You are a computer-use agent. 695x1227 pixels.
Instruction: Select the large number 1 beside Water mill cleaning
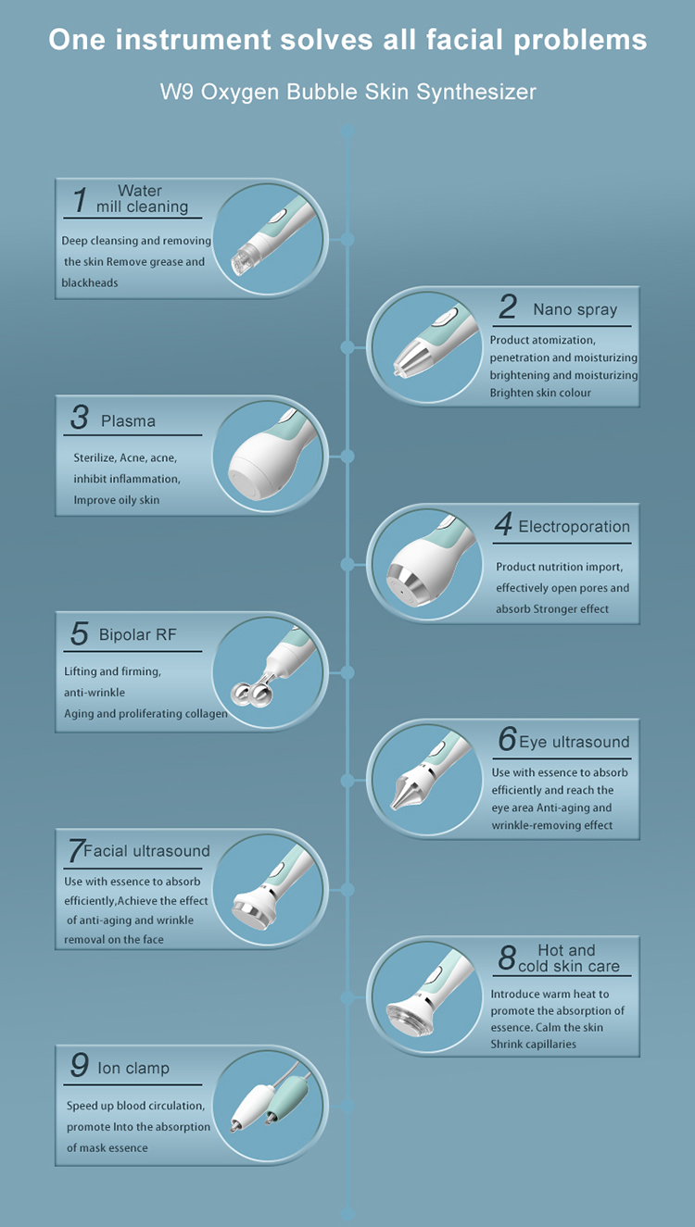coord(81,199)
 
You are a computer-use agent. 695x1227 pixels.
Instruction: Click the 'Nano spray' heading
coord(575,310)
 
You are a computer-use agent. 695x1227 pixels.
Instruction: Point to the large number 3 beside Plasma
coord(80,417)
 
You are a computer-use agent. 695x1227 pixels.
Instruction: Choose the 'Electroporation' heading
coord(574,526)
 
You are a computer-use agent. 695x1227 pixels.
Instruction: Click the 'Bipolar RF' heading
coord(137,634)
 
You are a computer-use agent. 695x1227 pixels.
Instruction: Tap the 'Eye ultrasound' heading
coord(574,742)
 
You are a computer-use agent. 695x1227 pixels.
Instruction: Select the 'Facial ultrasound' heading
coord(146,851)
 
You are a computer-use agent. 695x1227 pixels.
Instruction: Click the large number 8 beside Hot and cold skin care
coord(507,958)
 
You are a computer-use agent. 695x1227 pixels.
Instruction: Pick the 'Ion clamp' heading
coord(133,1068)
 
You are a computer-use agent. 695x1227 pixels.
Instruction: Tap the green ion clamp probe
coord(285,1099)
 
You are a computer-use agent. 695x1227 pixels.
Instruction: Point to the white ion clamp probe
coord(251,1106)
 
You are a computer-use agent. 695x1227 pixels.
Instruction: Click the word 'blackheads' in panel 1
coord(90,282)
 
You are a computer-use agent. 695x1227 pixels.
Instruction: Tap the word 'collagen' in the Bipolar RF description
coord(206,713)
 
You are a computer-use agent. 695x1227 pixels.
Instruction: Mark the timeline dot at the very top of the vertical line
coord(347,131)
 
